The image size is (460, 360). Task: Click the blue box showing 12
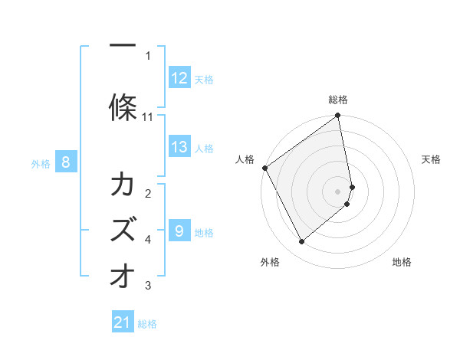(179, 77)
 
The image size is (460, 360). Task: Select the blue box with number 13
(179, 146)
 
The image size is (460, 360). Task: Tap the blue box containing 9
(179, 230)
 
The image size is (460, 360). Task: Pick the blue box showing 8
(66, 162)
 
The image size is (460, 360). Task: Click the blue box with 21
(123, 321)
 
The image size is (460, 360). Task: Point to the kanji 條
(123, 107)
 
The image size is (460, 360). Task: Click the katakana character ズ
(123, 229)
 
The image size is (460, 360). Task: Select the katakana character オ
(123, 275)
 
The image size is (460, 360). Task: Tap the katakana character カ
(123, 183)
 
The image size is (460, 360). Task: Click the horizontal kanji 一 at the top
(123, 45)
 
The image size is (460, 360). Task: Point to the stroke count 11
(147, 117)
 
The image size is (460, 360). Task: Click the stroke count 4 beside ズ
(148, 240)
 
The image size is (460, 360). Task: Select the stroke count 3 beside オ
(148, 285)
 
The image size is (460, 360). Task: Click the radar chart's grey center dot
(337, 191)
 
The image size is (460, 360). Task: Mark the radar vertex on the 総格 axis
(337, 115)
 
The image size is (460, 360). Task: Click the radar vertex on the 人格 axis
(265, 168)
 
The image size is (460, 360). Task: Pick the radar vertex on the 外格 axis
(301, 241)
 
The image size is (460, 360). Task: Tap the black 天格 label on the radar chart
(431, 159)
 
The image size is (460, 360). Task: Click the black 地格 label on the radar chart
(402, 262)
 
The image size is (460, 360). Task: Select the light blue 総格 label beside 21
(147, 324)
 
